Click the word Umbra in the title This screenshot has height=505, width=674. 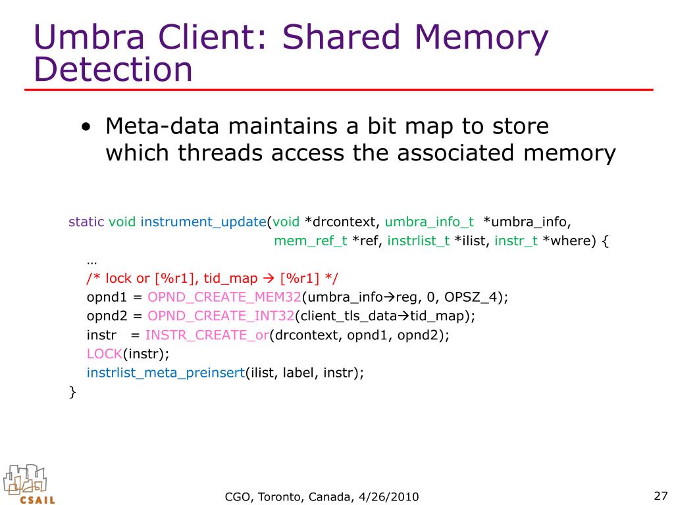coord(89,37)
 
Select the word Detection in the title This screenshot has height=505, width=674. coord(113,70)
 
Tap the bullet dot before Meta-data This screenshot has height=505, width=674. coord(86,127)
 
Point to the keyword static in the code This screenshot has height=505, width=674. coord(86,222)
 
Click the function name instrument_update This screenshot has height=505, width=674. coord(203,222)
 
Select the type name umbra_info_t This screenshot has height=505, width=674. coord(429,222)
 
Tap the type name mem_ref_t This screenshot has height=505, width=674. coord(311,241)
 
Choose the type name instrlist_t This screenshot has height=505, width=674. coord(418,241)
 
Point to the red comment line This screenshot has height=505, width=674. coord(213,278)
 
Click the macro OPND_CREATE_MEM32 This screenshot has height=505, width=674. coord(224,297)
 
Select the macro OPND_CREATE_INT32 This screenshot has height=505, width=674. coord(221,316)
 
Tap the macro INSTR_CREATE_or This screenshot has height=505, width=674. coord(207,335)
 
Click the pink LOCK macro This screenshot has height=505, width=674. coord(105,354)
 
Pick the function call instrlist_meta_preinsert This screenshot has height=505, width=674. coord(166,373)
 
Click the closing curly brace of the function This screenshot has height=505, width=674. coord(72,392)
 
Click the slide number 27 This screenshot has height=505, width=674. coord(660,496)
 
